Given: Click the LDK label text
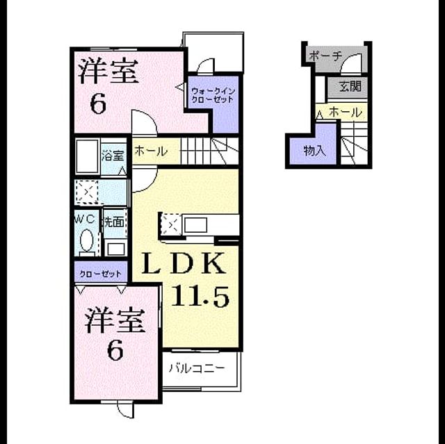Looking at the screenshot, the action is (x=184, y=263).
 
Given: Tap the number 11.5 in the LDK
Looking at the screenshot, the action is (x=200, y=297).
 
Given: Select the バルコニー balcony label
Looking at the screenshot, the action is (x=197, y=368).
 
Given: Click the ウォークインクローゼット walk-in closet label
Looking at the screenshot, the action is (x=213, y=95).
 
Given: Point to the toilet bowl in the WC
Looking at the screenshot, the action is (x=86, y=240).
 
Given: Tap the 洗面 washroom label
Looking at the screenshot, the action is (x=114, y=222).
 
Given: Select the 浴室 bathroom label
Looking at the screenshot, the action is (x=113, y=156).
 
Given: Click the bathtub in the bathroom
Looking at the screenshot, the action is (x=88, y=156).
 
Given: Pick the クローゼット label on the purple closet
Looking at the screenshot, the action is (x=100, y=274).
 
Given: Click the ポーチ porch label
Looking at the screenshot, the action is (x=325, y=56).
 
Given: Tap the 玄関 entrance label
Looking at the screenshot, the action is (x=350, y=86).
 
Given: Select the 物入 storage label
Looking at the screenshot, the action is (x=314, y=151).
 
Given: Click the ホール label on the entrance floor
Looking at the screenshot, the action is (x=346, y=113).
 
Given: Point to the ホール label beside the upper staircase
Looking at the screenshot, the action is (x=151, y=151).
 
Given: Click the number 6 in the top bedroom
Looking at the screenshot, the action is (x=98, y=104).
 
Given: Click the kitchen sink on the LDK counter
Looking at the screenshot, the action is (x=195, y=226).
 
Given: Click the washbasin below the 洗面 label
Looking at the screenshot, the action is (x=116, y=248).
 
